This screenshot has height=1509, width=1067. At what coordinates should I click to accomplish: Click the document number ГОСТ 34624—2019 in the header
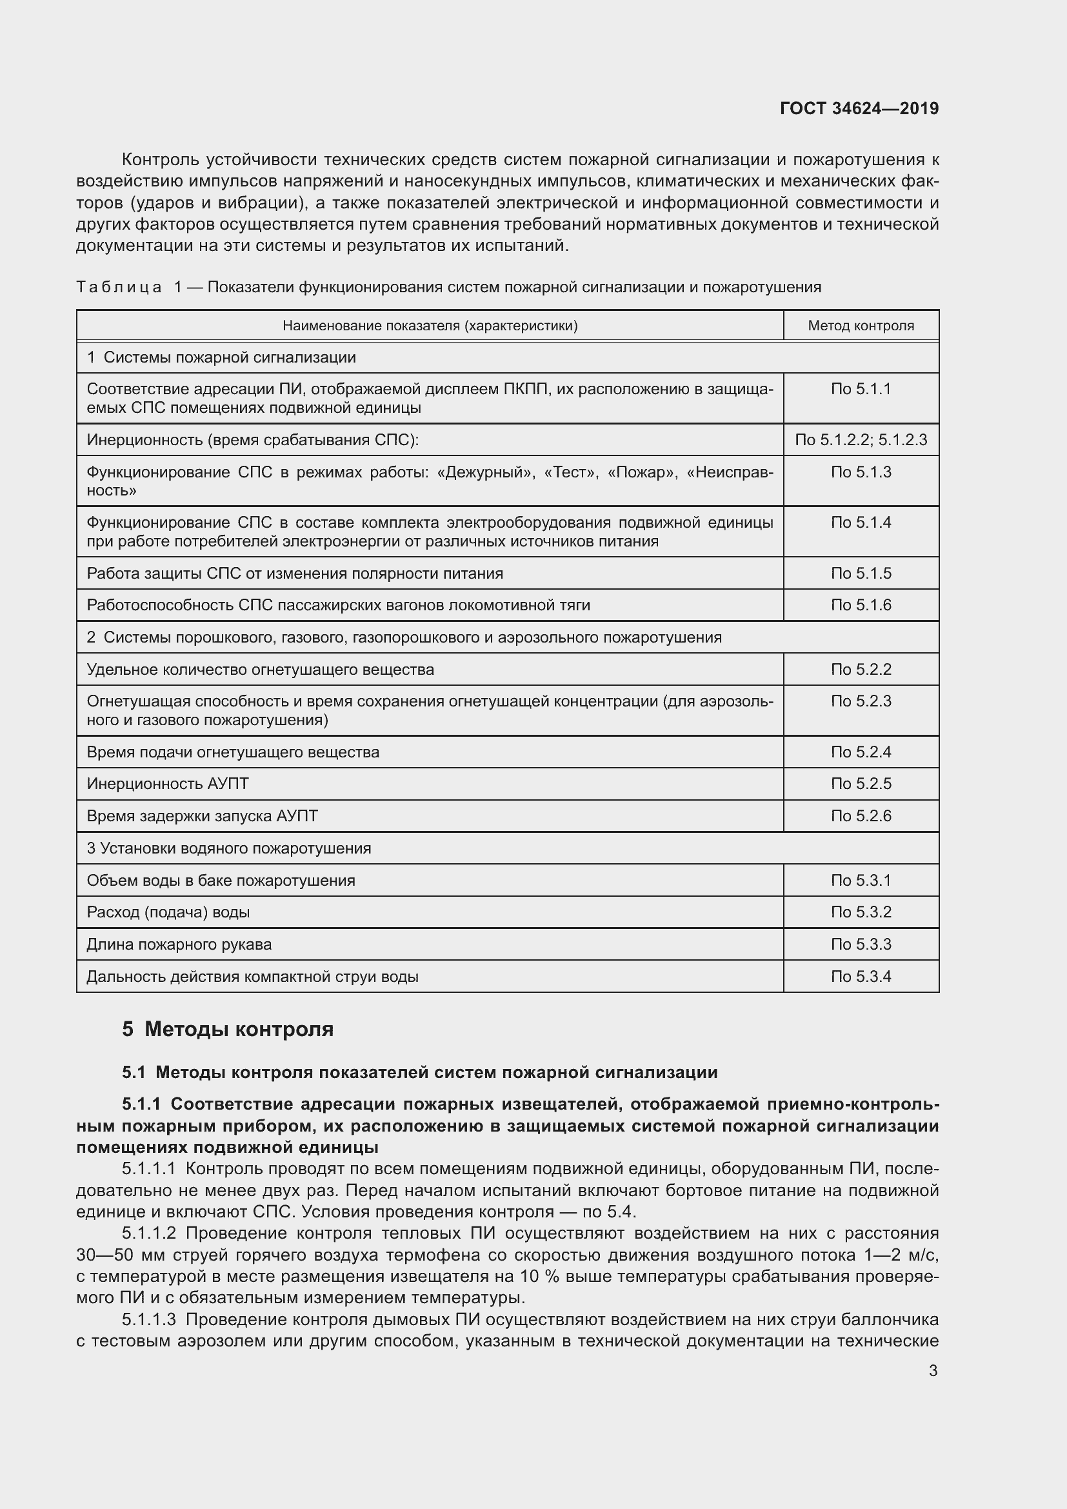[x=859, y=108]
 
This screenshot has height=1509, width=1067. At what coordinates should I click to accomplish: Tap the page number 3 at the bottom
[x=933, y=1370]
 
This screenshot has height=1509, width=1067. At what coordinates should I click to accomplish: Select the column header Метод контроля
[x=861, y=325]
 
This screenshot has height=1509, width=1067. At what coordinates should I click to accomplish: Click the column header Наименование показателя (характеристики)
[x=430, y=325]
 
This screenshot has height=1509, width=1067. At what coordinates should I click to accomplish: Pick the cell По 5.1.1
[x=861, y=389]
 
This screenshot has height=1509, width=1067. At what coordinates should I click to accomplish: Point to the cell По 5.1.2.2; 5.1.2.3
[x=861, y=440]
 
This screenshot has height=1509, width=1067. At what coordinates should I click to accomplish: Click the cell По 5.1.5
[x=861, y=573]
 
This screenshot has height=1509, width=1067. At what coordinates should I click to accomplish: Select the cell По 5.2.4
[x=861, y=752]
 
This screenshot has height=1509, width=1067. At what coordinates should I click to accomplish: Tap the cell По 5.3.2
[x=861, y=912]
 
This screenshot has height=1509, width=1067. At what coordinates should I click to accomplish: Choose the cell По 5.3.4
[x=861, y=976]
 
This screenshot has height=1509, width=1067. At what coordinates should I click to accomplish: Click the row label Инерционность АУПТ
[x=168, y=783]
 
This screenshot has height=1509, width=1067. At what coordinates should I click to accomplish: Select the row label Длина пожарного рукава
[x=179, y=944]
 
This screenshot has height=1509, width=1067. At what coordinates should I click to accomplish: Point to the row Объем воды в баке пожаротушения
[x=221, y=880]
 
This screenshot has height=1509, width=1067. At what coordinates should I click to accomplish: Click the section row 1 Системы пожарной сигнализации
[x=221, y=357]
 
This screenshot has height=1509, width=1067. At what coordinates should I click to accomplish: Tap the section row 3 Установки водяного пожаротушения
[x=228, y=848]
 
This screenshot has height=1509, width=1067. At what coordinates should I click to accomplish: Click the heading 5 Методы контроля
[x=227, y=1029]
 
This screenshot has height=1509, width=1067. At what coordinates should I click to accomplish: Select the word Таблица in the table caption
[x=119, y=287]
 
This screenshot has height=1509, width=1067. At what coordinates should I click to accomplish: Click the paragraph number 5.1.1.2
[x=148, y=1233]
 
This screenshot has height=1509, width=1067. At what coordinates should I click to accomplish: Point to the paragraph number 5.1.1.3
[x=148, y=1320]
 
